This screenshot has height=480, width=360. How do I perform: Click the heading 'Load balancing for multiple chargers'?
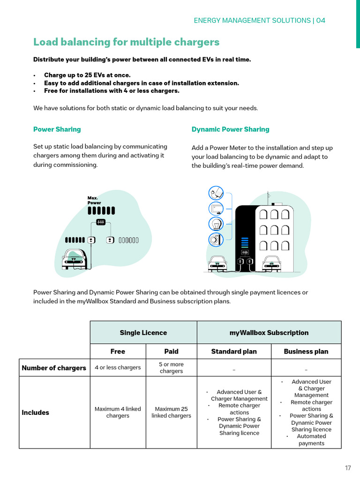[126, 42]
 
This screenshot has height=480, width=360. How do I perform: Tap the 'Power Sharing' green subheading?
[57, 129]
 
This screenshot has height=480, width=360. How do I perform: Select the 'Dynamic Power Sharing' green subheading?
[230, 129]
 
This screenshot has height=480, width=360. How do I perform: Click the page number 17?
[348, 468]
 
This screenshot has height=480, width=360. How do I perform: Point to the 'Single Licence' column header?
[143, 333]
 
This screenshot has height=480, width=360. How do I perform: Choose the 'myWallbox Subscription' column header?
[269, 333]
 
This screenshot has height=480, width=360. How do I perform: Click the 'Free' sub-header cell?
[118, 352]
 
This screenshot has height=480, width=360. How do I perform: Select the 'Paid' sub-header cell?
[171, 352]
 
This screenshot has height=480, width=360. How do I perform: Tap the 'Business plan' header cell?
[306, 352]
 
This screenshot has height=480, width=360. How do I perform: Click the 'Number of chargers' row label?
[54, 368]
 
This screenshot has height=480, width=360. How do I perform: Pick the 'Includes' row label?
[35, 413]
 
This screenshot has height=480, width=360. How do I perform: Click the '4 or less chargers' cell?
[118, 367]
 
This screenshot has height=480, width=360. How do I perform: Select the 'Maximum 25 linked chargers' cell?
[171, 412]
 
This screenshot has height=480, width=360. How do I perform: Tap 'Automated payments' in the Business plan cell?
[311, 440]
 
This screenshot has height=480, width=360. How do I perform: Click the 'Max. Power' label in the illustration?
[94, 201]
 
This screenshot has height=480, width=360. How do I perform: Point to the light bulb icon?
[216, 224]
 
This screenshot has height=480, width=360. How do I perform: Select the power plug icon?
[216, 193]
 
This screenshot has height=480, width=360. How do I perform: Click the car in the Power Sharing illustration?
[75, 259]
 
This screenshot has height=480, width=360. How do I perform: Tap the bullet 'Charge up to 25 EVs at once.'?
[87, 75]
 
